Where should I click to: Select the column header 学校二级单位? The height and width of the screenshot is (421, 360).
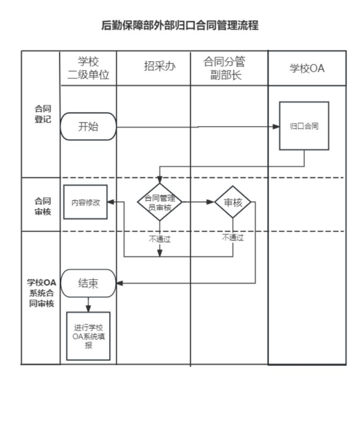[x=88, y=68]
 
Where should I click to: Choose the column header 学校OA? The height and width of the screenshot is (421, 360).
[x=307, y=68]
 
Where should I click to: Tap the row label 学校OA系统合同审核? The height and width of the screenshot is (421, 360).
[x=41, y=292]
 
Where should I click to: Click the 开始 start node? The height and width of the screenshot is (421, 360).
[x=88, y=127]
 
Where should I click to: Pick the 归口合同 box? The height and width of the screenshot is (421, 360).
[x=304, y=126]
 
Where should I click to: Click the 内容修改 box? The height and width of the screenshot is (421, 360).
[x=86, y=202]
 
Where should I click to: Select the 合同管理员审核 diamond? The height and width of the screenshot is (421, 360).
[x=160, y=202]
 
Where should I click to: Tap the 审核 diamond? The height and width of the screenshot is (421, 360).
[x=233, y=202]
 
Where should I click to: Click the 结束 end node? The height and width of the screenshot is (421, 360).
[x=88, y=283]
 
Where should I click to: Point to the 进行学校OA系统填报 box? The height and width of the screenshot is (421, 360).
[x=88, y=336]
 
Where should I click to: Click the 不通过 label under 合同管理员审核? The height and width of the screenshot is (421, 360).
[x=160, y=238]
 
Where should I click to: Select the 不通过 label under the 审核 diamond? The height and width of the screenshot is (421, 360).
[x=233, y=237]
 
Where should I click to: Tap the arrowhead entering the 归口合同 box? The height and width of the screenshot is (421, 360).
[x=277, y=127]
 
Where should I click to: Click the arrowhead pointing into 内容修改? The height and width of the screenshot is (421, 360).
[x=111, y=202]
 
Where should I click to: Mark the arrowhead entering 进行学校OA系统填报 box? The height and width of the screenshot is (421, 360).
[x=88, y=309]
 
